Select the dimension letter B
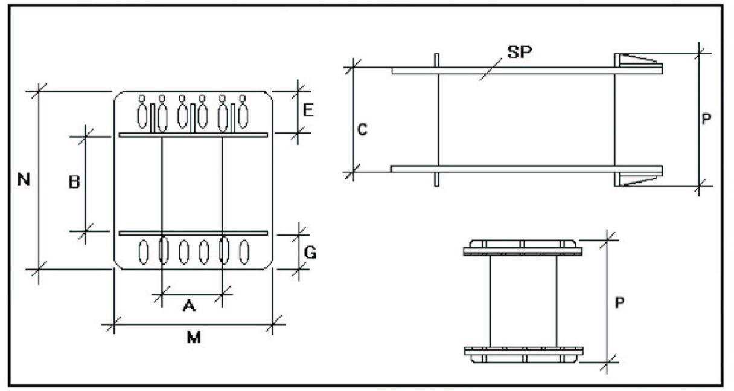(74, 182)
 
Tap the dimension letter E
(307, 110)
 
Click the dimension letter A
(189, 306)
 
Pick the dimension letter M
(193, 338)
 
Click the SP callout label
(520, 52)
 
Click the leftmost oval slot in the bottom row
(144, 251)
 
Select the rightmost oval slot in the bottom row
(244, 251)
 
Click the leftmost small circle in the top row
(142, 98)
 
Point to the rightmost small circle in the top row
(243, 98)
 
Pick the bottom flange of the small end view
(523, 352)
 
